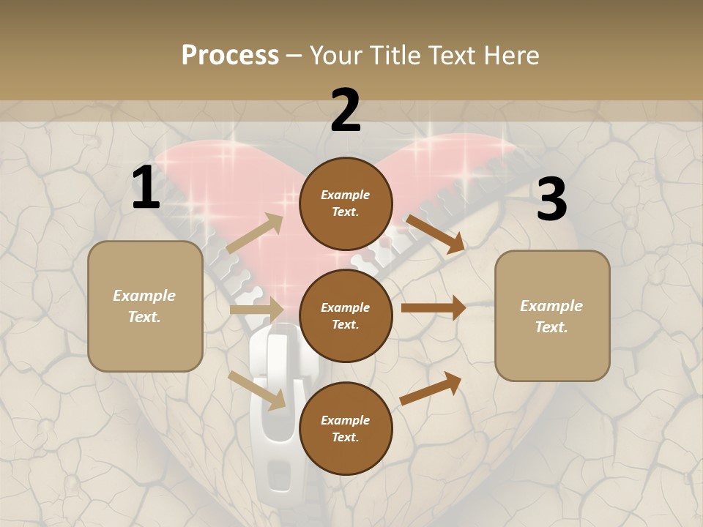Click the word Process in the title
tap(230, 55)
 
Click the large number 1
tap(146, 188)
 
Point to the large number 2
tap(346, 111)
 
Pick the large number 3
tap(551, 199)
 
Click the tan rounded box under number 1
tap(145, 306)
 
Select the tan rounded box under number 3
tap(552, 315)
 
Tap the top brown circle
tap(346, 203)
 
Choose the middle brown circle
tap(346, 315)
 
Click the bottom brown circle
tap(346, 428)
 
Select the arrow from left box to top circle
tap(255, 233)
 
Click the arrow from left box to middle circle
tap(256, 309)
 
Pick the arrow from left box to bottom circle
tap(257, 389)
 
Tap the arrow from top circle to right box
tap(435, 233)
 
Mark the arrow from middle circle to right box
tap(434, 308)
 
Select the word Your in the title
tap(334, 55)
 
